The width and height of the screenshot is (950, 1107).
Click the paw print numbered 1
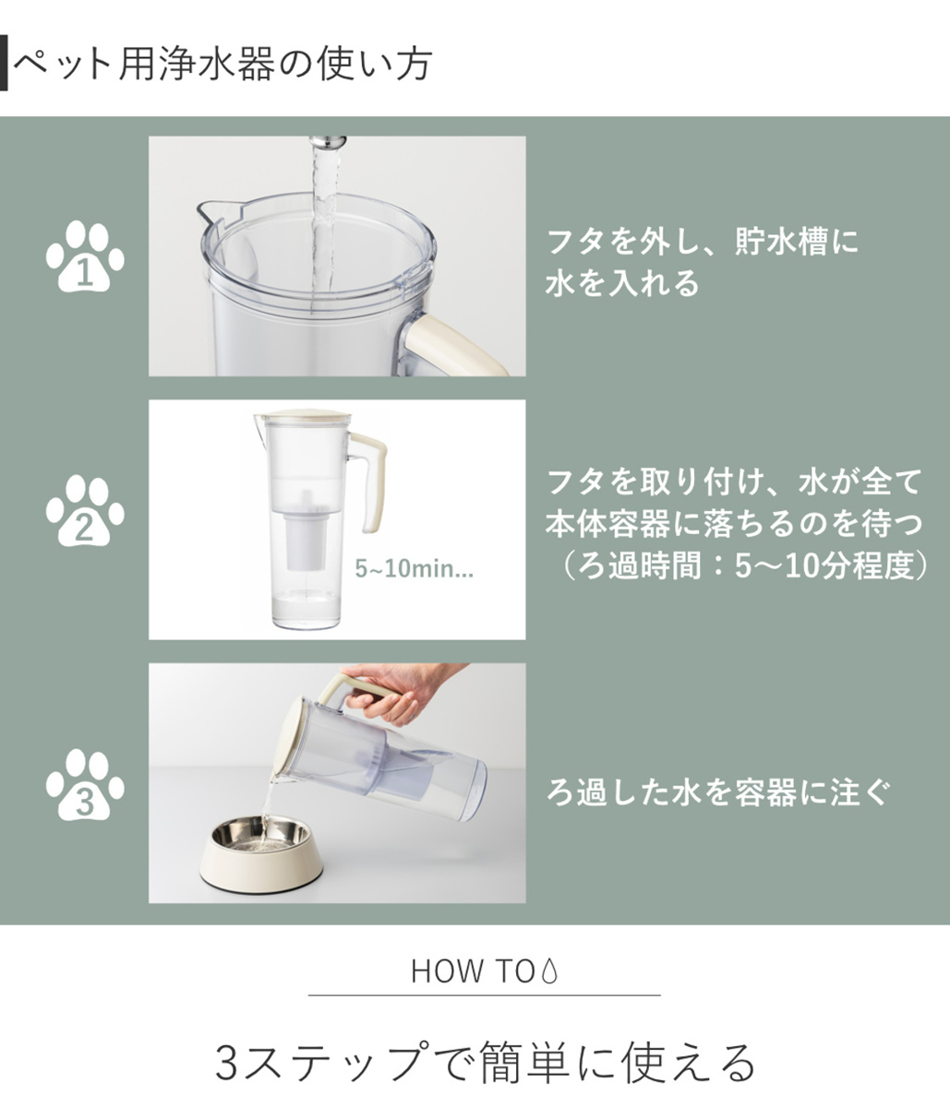pos(85,256)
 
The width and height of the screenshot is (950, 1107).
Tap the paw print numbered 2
pos(85,511)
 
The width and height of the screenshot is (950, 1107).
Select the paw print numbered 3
pos(85,785)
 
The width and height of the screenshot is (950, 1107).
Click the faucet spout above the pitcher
pos(328,142)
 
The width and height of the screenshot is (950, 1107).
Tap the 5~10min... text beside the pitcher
pos(414,568)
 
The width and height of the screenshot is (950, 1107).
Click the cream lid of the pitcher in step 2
pos(303,414)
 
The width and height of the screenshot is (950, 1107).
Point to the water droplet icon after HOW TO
pos(549,971)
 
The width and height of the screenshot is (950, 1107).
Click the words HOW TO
pos(473,971)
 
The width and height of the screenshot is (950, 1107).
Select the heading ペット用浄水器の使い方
pos(222,65)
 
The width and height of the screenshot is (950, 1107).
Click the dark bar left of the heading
pos(3,63)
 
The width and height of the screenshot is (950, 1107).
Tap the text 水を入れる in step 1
pos(622,283)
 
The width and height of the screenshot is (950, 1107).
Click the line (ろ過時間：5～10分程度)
pos(739,565)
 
